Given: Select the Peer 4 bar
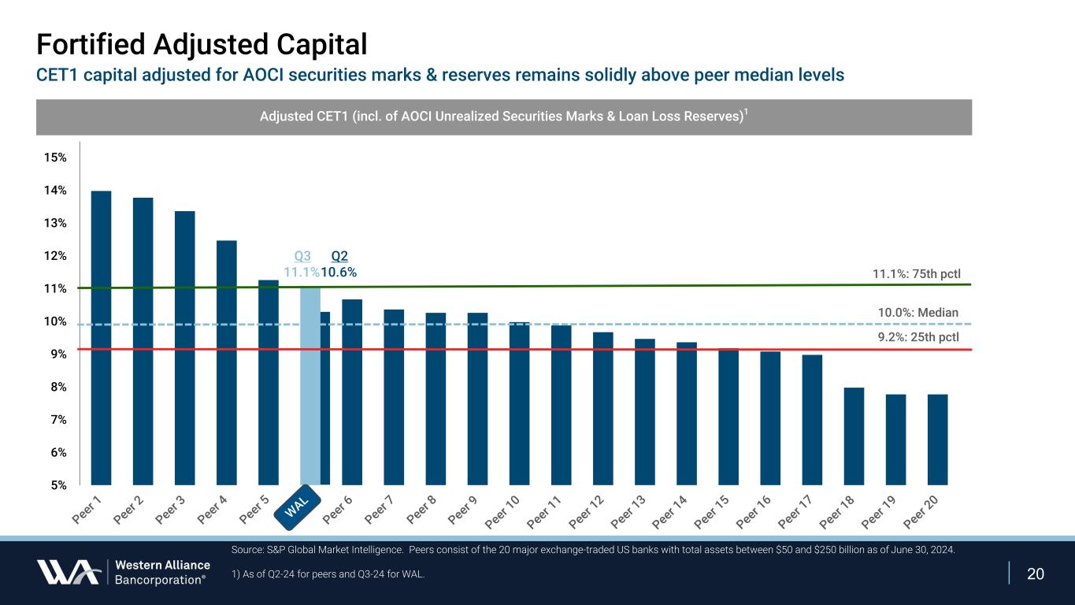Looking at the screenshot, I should (226, 362).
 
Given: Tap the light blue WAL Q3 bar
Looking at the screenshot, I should (310, 386).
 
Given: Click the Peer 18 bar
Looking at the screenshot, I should (854, 436).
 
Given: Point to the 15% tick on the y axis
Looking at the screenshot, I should (56, 158).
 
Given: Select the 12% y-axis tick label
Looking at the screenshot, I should (56, 256).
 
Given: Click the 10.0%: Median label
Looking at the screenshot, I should (917, 313).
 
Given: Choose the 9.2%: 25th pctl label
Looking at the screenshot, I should (917, 337).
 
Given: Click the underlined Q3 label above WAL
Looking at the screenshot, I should (302, 256).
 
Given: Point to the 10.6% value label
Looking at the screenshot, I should (339, 273).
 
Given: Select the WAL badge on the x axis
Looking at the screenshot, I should (301, 506).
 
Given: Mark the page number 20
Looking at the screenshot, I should (1036, 573).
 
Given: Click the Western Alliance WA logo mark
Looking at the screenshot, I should (68, 572).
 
